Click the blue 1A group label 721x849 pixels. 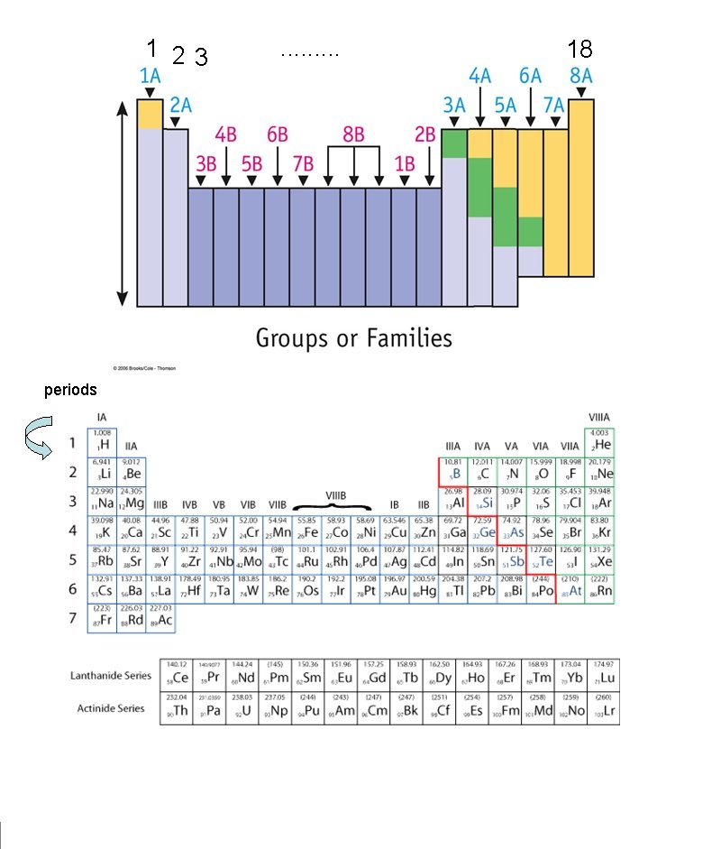click(150, 77)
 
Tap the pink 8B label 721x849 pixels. click(353, 135)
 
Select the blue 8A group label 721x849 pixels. click(580, 77)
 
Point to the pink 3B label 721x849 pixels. click(207, 164)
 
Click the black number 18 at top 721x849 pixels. click(580, 49)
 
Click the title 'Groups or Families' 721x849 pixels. click(353, 338)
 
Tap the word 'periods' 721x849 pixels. click(70, 391)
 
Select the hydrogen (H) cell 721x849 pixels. click(102, 442)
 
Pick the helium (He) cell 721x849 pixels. click(599, 442)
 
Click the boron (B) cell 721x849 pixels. click(453, 472)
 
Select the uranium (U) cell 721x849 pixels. click(246, 709)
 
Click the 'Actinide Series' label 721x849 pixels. click(107, 708)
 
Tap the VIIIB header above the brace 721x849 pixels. click(335, 494)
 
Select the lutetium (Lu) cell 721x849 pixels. click(607, 675)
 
